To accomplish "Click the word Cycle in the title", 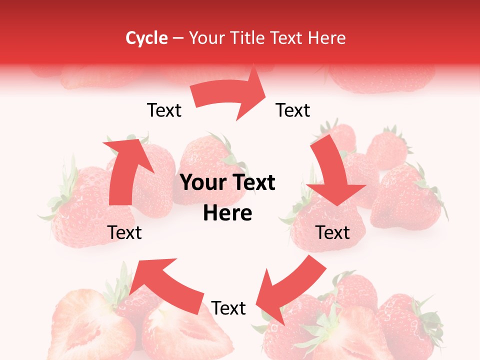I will coord(146,38).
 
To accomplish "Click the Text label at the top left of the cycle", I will coord(164,110).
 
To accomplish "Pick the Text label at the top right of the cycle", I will coord(293,110).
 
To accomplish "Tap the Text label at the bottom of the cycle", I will coord(228,308).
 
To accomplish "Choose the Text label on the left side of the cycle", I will coord(124,232).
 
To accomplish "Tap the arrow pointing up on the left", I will coord(124,170).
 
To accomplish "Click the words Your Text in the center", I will coord(227,183).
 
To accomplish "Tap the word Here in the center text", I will coord(227,213).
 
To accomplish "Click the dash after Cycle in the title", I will coord(178,38).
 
